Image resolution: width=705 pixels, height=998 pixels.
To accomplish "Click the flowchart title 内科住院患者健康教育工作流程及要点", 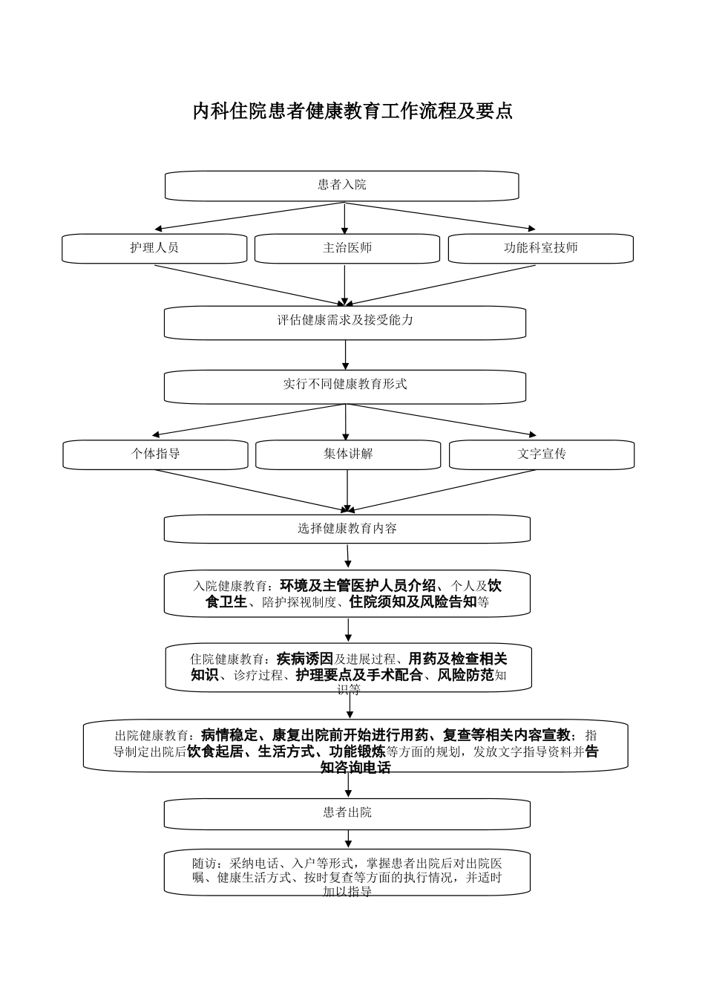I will tap(352, 111).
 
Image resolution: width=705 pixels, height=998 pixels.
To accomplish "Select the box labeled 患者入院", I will tap(341, 186).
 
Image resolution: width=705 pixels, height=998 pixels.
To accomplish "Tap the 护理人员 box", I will tap(154, 249).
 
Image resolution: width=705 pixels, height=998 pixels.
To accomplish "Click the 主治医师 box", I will tap(347, 249).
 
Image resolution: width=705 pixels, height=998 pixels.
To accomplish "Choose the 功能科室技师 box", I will tap(540, 249).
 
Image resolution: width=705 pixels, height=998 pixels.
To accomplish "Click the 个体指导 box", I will tap(155, 454).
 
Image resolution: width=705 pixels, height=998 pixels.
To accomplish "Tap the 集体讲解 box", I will tap(348, 454).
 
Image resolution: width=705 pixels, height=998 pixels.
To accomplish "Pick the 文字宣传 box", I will tap(542, 454).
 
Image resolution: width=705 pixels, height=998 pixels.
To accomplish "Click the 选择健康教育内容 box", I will tap(347, 529).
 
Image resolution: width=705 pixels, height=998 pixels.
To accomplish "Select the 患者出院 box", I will tap(347, 814).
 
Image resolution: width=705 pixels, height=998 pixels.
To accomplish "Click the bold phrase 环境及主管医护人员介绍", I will tap(358, 585).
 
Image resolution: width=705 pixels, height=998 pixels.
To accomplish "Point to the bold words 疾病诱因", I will tap(304, 658).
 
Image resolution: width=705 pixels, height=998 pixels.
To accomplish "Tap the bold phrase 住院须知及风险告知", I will tap(413, 601).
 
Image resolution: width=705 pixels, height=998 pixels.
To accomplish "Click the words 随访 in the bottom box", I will tap(205, 864).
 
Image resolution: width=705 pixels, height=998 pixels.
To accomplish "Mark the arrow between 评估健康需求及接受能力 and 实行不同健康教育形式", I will tap(346, 355).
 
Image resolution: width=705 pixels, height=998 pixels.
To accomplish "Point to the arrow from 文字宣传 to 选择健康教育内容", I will tap(443, 490).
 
